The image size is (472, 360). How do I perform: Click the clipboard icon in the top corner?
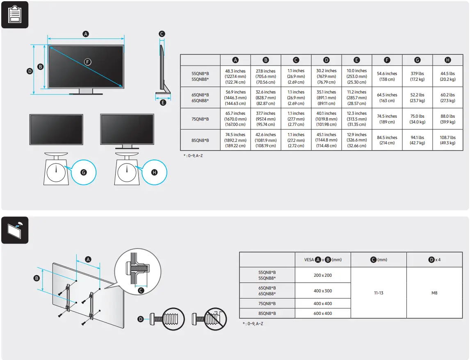15,15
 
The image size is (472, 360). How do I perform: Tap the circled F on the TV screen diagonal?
87,62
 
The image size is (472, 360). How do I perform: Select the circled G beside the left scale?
84,172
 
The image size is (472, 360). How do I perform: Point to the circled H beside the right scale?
155,172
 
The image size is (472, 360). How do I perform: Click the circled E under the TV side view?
163,103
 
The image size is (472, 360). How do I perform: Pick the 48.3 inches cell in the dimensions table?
235,76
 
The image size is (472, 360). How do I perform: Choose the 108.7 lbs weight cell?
447,140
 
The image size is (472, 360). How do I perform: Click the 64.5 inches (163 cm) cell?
387,98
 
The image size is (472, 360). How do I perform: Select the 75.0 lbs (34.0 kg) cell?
417,119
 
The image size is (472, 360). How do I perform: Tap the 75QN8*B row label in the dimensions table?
200,119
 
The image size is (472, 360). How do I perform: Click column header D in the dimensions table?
326,60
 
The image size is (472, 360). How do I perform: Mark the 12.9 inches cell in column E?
357,140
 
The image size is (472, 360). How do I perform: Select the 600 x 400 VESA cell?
323,313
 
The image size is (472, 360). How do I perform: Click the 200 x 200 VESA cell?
323,275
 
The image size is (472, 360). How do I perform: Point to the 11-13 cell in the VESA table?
379,293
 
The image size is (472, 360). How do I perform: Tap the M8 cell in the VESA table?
434,293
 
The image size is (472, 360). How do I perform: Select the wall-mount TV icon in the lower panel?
15,230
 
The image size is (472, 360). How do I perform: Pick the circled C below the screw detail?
141,290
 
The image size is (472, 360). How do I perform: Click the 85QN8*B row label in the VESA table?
267,313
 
